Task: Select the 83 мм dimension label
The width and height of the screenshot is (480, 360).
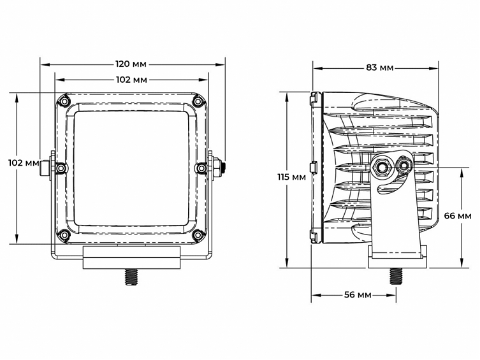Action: tap(379, 67)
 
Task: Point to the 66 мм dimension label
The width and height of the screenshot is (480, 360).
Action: tap(458, 216)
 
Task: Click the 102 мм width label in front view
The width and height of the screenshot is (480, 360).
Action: tap(132, 80)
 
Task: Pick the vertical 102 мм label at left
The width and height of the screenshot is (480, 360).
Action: tap(24, 162)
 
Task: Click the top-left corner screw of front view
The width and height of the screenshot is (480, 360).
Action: tap(64, 101)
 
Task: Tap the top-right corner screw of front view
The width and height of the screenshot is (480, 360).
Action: tap(198, 101)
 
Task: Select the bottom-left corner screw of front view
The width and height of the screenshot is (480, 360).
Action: tap(64, 236)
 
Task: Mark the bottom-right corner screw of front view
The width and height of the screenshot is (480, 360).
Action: tap(198, 236)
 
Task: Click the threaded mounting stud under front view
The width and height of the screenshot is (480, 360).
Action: tap(132, 277)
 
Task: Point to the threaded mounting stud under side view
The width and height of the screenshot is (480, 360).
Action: tap(396, 275)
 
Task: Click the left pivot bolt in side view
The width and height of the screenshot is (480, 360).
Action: tap(382, 168)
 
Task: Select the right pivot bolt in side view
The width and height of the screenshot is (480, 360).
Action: tap(404, 167)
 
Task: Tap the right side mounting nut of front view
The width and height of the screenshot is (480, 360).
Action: tap(217, 168)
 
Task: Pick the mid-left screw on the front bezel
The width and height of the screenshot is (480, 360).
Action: tap(61, 168)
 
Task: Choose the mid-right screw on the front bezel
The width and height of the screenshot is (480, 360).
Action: tap(201, 168)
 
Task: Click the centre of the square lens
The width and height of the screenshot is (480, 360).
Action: tap(131, 167)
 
